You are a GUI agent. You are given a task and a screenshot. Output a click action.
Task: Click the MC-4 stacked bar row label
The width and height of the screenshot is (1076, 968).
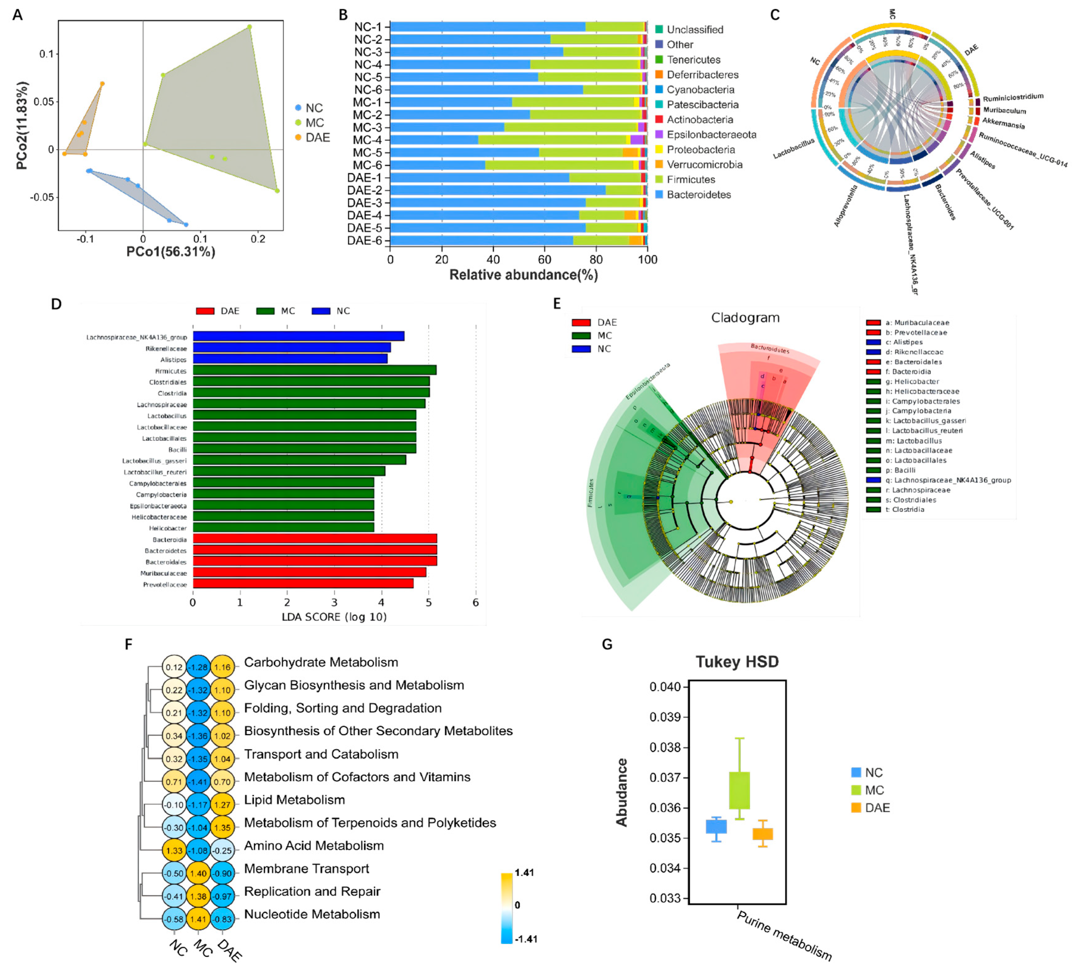pos(368,140)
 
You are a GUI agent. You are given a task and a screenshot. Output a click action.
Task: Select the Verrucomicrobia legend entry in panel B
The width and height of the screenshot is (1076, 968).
pos(704,165)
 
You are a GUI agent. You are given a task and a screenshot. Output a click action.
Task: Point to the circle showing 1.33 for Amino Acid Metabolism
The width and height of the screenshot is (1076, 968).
pos(174,851)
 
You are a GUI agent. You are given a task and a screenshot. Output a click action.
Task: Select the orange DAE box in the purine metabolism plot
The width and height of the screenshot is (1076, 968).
pos(763,834)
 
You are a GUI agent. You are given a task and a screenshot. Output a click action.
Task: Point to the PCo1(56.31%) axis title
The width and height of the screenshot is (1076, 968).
pos(171,252)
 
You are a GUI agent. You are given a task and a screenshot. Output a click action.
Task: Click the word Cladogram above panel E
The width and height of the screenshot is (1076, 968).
pos(745,318)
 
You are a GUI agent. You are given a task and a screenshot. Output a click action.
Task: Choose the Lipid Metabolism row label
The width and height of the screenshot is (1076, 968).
pos(294,800)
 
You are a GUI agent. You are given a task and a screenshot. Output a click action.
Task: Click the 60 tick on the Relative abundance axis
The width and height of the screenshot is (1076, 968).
pos(545,260)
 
